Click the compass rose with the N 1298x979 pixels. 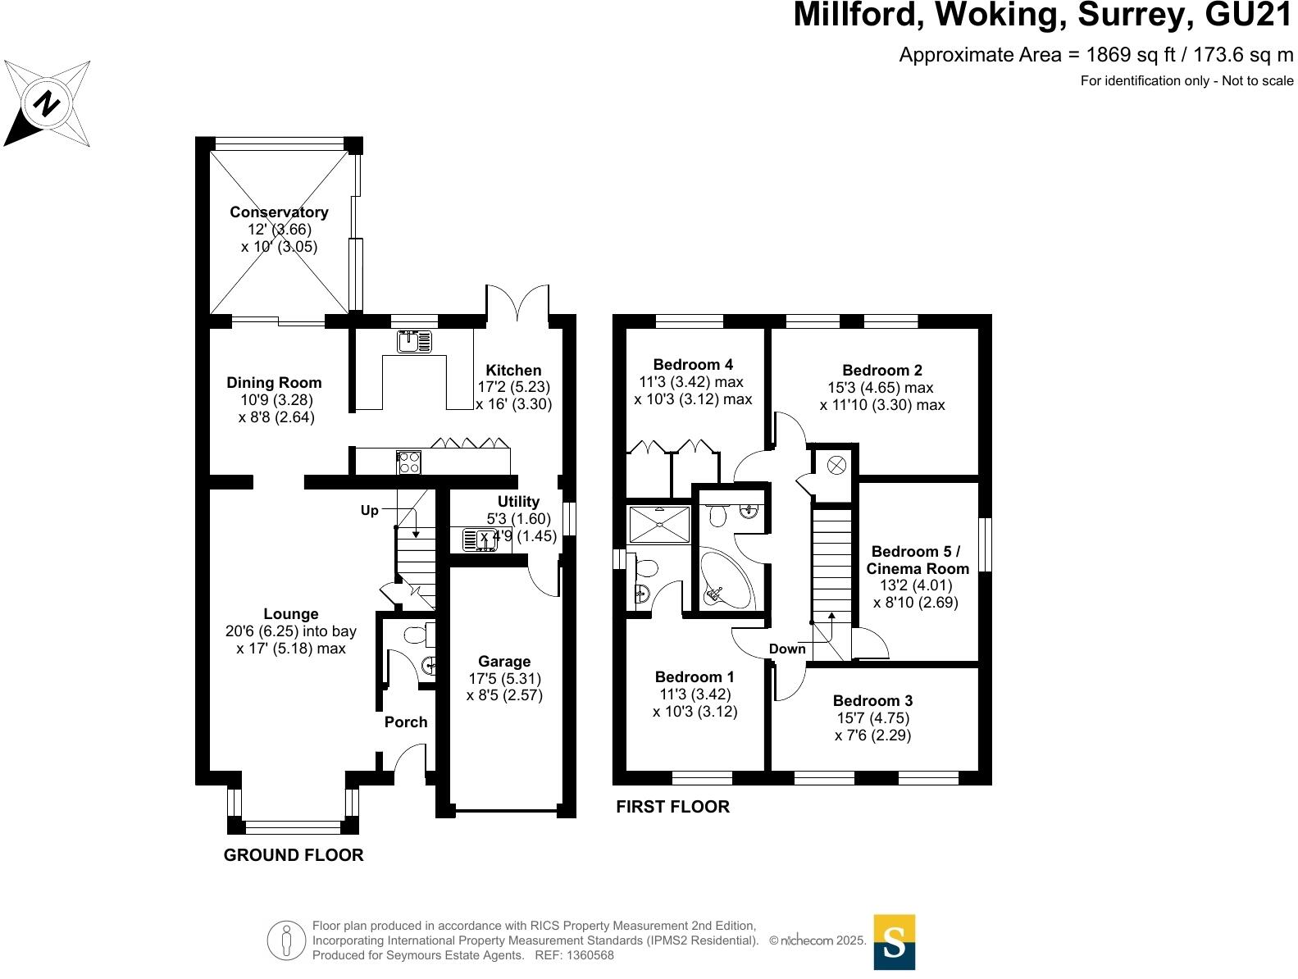(x=48, y=104)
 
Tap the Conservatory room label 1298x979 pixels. (x=279, y=212)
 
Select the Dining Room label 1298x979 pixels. (x=274, y=383)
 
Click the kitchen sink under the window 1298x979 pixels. (x=414, y=341)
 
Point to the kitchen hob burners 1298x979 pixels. (x=409, y=462)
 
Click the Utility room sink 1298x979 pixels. (x=480, y=540)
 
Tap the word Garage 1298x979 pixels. (x=504, y=662)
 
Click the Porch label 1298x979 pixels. (x=406, y=722)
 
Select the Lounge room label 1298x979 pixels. (x=291, y=614)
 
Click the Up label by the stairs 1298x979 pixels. (x=370, y=511)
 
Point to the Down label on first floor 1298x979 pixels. (x=787, y=649)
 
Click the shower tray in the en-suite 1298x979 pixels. (x=659, y=525)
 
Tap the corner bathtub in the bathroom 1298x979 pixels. (x=726, y=583)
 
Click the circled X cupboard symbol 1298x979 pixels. (x=836, y=466)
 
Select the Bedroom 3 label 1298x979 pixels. (x=872, y=701)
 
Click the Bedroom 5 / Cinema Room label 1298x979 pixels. (x=918, y=560)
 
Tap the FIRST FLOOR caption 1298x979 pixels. (x=672, y=807)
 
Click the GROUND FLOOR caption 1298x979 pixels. (x=294, y=855)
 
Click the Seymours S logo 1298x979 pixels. (x=894, y=942)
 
